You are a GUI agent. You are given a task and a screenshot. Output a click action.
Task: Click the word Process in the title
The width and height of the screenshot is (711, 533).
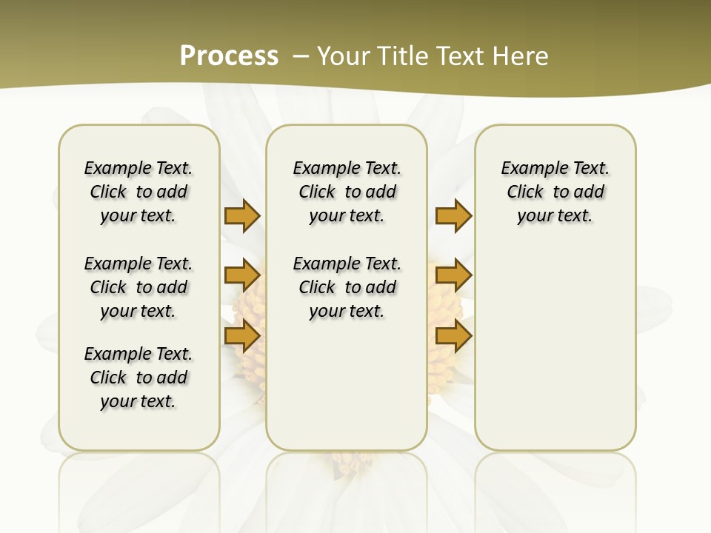229,56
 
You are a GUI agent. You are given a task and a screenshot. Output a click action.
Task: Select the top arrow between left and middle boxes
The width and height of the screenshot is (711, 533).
242,215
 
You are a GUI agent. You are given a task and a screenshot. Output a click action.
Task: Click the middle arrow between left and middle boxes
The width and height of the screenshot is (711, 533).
242,275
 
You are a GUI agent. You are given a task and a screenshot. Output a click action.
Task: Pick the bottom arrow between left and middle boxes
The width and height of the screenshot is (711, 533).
242,336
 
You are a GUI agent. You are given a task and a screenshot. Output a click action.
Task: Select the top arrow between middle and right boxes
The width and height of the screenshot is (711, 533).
453,215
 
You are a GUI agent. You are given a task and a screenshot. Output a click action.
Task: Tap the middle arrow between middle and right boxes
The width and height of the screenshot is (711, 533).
453,275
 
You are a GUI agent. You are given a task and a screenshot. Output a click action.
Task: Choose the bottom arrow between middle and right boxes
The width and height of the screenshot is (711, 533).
453,336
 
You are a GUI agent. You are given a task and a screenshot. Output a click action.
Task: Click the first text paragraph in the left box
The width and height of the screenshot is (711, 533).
138,192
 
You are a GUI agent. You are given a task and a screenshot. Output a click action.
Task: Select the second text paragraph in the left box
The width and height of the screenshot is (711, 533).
138,287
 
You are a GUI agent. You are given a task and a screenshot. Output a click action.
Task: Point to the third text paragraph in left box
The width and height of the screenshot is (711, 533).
138,378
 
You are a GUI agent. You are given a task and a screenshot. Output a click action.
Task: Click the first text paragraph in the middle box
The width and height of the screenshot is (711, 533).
347,192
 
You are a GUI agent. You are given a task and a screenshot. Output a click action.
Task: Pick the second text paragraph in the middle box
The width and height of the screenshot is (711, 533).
347,287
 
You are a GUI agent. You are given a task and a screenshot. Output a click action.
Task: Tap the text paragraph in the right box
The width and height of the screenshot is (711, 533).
555,192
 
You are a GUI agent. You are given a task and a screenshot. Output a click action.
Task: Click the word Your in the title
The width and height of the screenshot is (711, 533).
344,56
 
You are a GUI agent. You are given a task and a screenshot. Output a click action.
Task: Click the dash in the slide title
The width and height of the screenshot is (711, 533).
301,56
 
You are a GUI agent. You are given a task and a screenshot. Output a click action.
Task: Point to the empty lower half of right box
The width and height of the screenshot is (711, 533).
555,348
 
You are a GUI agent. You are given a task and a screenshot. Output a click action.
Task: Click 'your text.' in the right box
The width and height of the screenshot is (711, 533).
555,216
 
